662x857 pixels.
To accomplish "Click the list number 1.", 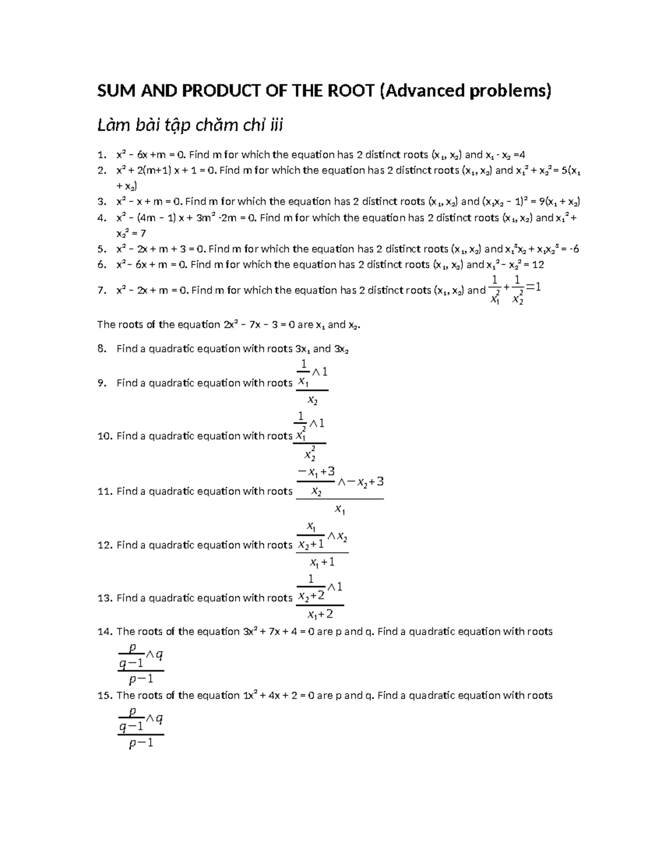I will click(x=100, y=155).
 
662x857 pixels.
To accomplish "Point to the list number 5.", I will click(x=100, y=249).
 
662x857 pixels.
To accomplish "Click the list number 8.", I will click(x=100, y=349).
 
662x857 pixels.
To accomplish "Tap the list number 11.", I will click(x=104, y=491).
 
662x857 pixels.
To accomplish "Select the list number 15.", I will click(x=104, y=695).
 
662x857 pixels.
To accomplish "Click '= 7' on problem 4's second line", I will click(x=140, y=233).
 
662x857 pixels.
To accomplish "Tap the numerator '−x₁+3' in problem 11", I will click(x=316, y=471).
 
